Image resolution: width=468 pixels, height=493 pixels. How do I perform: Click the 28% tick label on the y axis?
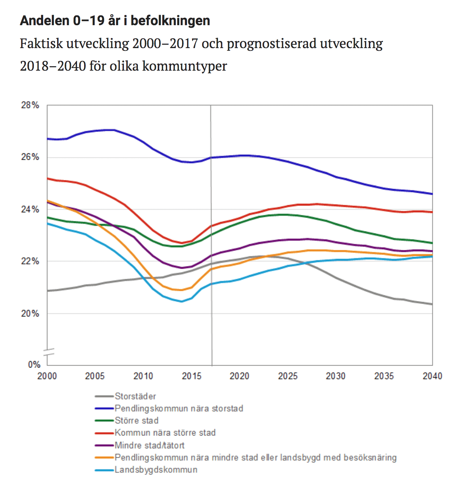coord(30,105)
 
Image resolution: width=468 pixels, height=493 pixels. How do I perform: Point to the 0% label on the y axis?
coord(34,364)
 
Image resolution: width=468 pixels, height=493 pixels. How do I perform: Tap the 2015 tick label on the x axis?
coord(192,376)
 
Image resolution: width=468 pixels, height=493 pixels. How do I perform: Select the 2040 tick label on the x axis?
coord(432,376)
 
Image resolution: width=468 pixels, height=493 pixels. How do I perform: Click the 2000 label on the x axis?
coord(47,376)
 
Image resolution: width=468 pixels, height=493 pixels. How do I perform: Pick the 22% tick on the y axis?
coord(30,261)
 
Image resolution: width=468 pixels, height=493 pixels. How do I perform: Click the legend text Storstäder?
coord(135,396)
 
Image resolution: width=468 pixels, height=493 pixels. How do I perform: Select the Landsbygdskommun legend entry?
coord(156,470)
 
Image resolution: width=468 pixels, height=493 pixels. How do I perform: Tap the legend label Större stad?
coord(137,420)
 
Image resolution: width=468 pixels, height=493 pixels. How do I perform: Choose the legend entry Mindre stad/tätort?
coord(149,446)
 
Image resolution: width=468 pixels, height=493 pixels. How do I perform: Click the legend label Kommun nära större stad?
coord(165,433)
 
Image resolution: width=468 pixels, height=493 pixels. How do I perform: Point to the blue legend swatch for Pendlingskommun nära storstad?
coord(104,408)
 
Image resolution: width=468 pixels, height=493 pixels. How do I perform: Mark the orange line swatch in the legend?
coord(104,458)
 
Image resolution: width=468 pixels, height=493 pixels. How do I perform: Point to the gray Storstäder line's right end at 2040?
coord(432,304)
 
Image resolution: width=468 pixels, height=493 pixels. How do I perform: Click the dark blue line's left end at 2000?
coord(48,139)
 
